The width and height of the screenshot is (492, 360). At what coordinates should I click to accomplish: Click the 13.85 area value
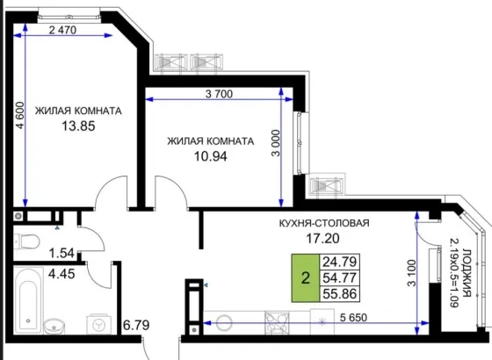pyautogui.click(x=78, y=126)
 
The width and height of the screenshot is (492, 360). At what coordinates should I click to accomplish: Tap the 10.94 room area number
pyautogui.click(x=211, y=156)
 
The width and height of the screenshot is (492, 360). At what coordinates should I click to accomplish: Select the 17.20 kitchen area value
pyautogui.click(x=322, y=239)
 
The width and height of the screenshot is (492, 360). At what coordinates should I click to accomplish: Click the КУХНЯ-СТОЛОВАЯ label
pyautogui.click(x=324, y=223)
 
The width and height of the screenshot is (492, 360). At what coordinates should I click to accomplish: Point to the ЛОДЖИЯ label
pyautogui.click(x=467, y=273)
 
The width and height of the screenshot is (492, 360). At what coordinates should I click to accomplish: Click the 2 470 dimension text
pyautogui.click(x=62, y=30)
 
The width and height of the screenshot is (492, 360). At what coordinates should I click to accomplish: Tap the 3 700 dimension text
pyautogui.click(x=219, y=94)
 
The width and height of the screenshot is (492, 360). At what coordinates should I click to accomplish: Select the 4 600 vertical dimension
pyautogui.click(x=19, y=115)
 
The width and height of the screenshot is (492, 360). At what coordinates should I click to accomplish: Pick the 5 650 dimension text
pyautogui.click(x=353, y=318)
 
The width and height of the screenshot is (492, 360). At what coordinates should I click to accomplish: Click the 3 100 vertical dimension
pyautogui.click(x=411, y=273)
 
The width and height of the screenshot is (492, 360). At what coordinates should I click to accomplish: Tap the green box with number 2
pyautogui.click(x=306, y=277)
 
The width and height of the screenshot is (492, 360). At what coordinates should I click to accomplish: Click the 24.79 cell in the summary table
pyautogui.click(x=339, y=262)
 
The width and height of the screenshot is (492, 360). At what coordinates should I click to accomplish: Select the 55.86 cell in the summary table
pyautogui.click(x=339, y=294)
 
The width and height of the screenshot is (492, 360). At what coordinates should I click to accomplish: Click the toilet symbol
pyautogui.click(x=26, y=241)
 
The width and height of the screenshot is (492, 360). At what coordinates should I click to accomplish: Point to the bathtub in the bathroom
pyautogui.click(x=28, y=301)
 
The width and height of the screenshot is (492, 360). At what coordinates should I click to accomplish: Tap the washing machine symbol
pyautogui.click(x=98, y=325)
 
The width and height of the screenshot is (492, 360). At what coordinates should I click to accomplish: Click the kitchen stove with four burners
pyautogui.click(x=277, y=323)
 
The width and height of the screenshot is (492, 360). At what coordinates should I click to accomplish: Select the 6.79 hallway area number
pyautogui.click(x=136, y=325)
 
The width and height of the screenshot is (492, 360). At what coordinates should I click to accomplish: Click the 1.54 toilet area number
pyautogui.click(x=62, y=253)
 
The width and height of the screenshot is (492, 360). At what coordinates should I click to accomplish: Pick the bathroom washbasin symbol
pyautogui.click(x=54, y=327)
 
